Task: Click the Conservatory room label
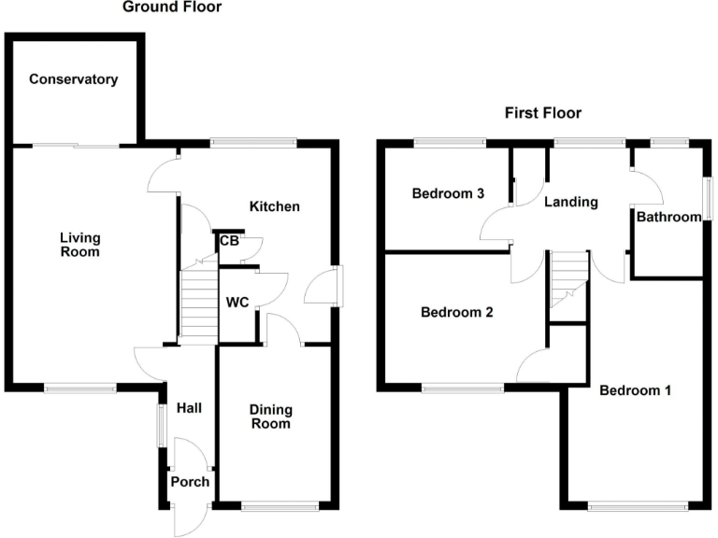click(74, 79)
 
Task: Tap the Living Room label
click(79, 245)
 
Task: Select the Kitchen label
click(274, 206)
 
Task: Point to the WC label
click(237, 302)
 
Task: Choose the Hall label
click(189, 408)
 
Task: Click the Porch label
click(189, 482)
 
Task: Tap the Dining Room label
click(271, 417)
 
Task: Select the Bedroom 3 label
click(448, 194)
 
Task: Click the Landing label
click(571, 202)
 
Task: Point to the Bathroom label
click(668, 218)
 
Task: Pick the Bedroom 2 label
click(456, 313)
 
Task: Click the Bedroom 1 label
click(636, 390)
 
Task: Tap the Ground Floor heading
click(173, 7)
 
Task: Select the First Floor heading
click(543, 113)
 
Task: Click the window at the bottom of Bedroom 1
click(638, 507)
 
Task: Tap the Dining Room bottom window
click(278, 507)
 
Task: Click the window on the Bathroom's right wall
click(709, 198)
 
